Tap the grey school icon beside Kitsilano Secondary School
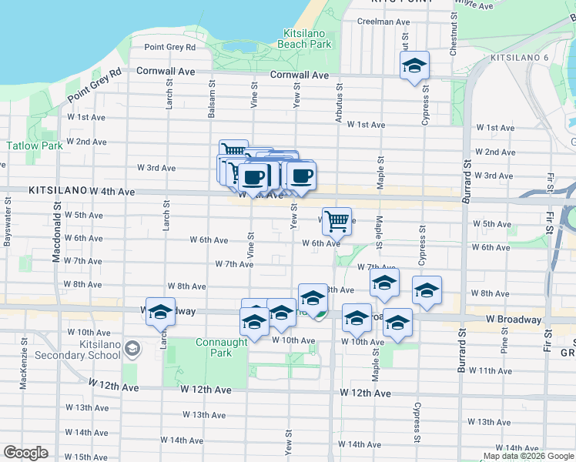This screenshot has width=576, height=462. (x=132, y=350)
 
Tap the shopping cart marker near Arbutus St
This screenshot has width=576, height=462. (x=337, y=221)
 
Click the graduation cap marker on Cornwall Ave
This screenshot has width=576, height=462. (x=414, y=65)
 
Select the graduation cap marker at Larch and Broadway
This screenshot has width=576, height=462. (x=160, y=311)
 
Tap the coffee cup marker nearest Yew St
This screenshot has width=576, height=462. (x=301, y=176)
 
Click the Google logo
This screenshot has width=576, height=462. (x=25, y=453)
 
